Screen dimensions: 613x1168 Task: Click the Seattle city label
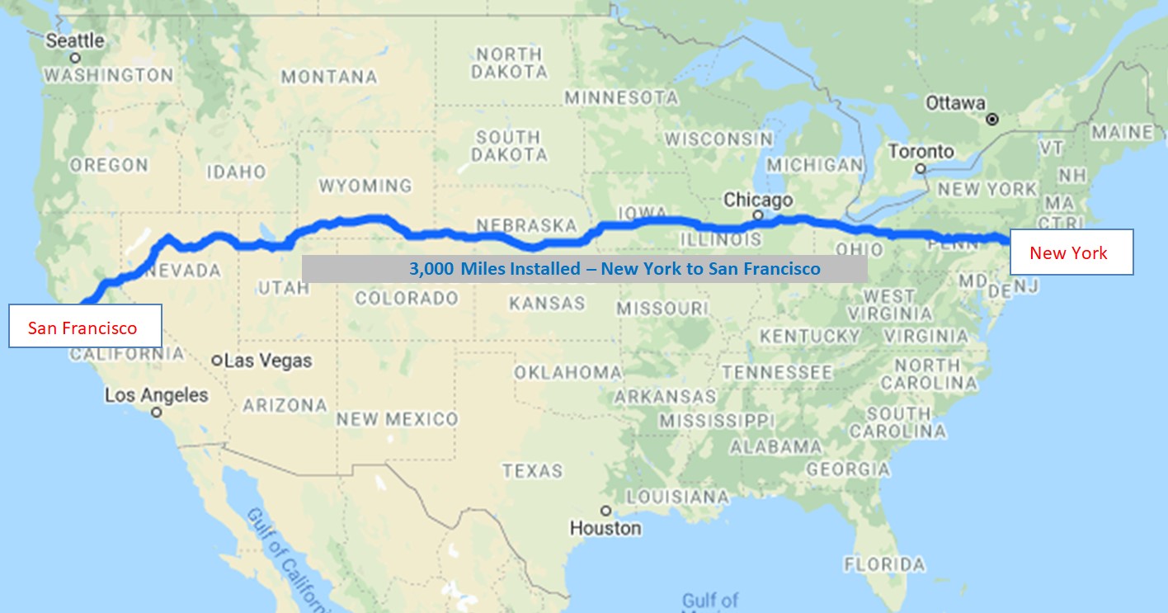tap(75, 40)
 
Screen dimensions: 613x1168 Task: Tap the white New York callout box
tap(1068, 252)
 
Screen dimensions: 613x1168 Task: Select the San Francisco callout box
tap(84, 327)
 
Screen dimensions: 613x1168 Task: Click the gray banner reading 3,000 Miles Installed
tap(585, 269)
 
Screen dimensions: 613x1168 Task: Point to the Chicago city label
tap(757, 200)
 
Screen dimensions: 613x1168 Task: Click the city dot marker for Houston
tap(606, 510)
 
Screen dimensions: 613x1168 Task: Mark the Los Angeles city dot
tap(156, 413)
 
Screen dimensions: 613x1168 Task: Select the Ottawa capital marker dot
tap(993, 120)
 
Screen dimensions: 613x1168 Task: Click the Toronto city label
tap(921, 152)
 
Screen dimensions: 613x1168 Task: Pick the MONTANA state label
tap(329, 78)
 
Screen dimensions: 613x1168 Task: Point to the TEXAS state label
tap(532, 471)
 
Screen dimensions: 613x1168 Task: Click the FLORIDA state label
tap(884, 565)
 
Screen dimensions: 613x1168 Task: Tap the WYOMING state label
tap(365, 186)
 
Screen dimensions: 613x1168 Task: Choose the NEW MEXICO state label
tap(396, 419)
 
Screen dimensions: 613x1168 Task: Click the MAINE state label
tap(1122, 132)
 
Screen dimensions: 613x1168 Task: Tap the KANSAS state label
tap(547, 304)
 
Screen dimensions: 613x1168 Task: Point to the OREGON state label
tap(109, 165)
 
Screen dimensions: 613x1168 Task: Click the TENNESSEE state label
tap(776, 372)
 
